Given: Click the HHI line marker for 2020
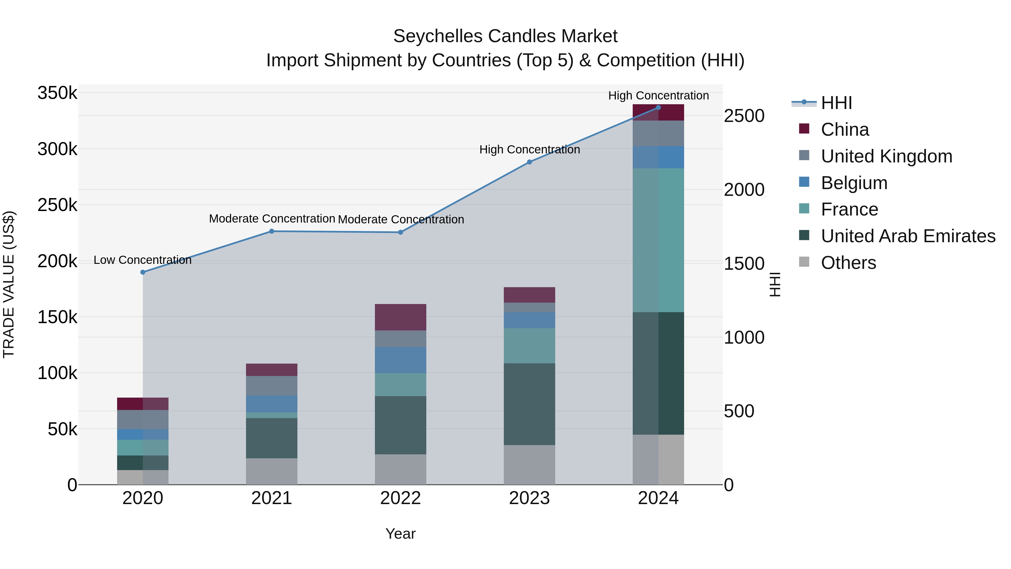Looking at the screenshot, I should [x=143, y=272].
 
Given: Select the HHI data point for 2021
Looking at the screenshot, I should [x=272, y=231].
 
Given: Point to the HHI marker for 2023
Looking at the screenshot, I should [x=529, y=162].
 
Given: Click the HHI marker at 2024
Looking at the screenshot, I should [x=659, y=108].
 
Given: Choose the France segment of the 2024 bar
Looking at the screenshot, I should [x=659, y=240].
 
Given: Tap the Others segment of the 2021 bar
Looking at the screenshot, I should [x=272, y=471].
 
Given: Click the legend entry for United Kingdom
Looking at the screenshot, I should [x=887, y=156].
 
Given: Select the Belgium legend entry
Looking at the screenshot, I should [x=854, y=183].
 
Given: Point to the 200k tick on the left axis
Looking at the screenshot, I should [x=57, y=261].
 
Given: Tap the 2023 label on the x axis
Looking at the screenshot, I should [x=529, y=498].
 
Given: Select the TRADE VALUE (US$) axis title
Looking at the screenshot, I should [x=9, y=284].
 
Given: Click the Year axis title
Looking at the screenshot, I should [x=400, y=534].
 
